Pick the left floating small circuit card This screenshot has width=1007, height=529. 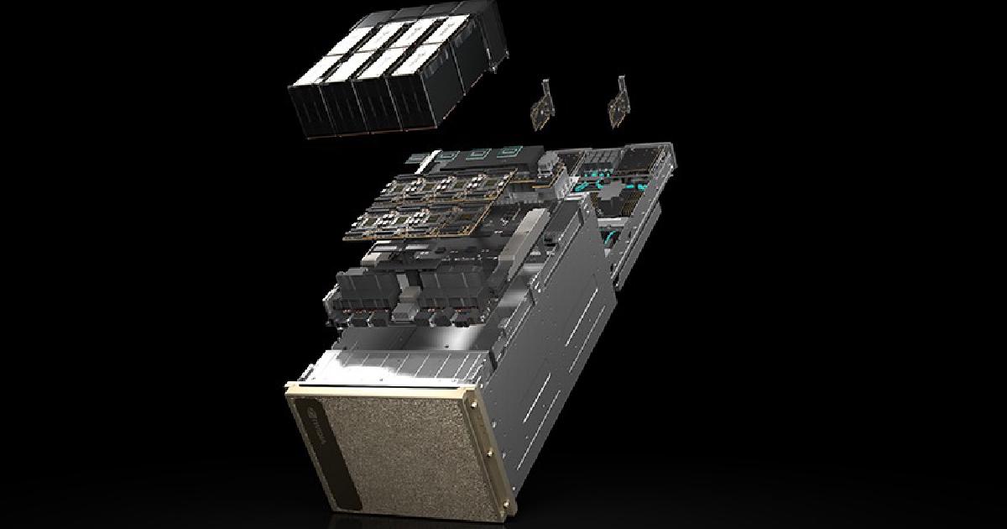540,105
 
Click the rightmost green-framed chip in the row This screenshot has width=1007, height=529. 509,153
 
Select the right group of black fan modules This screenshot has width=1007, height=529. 449,302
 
